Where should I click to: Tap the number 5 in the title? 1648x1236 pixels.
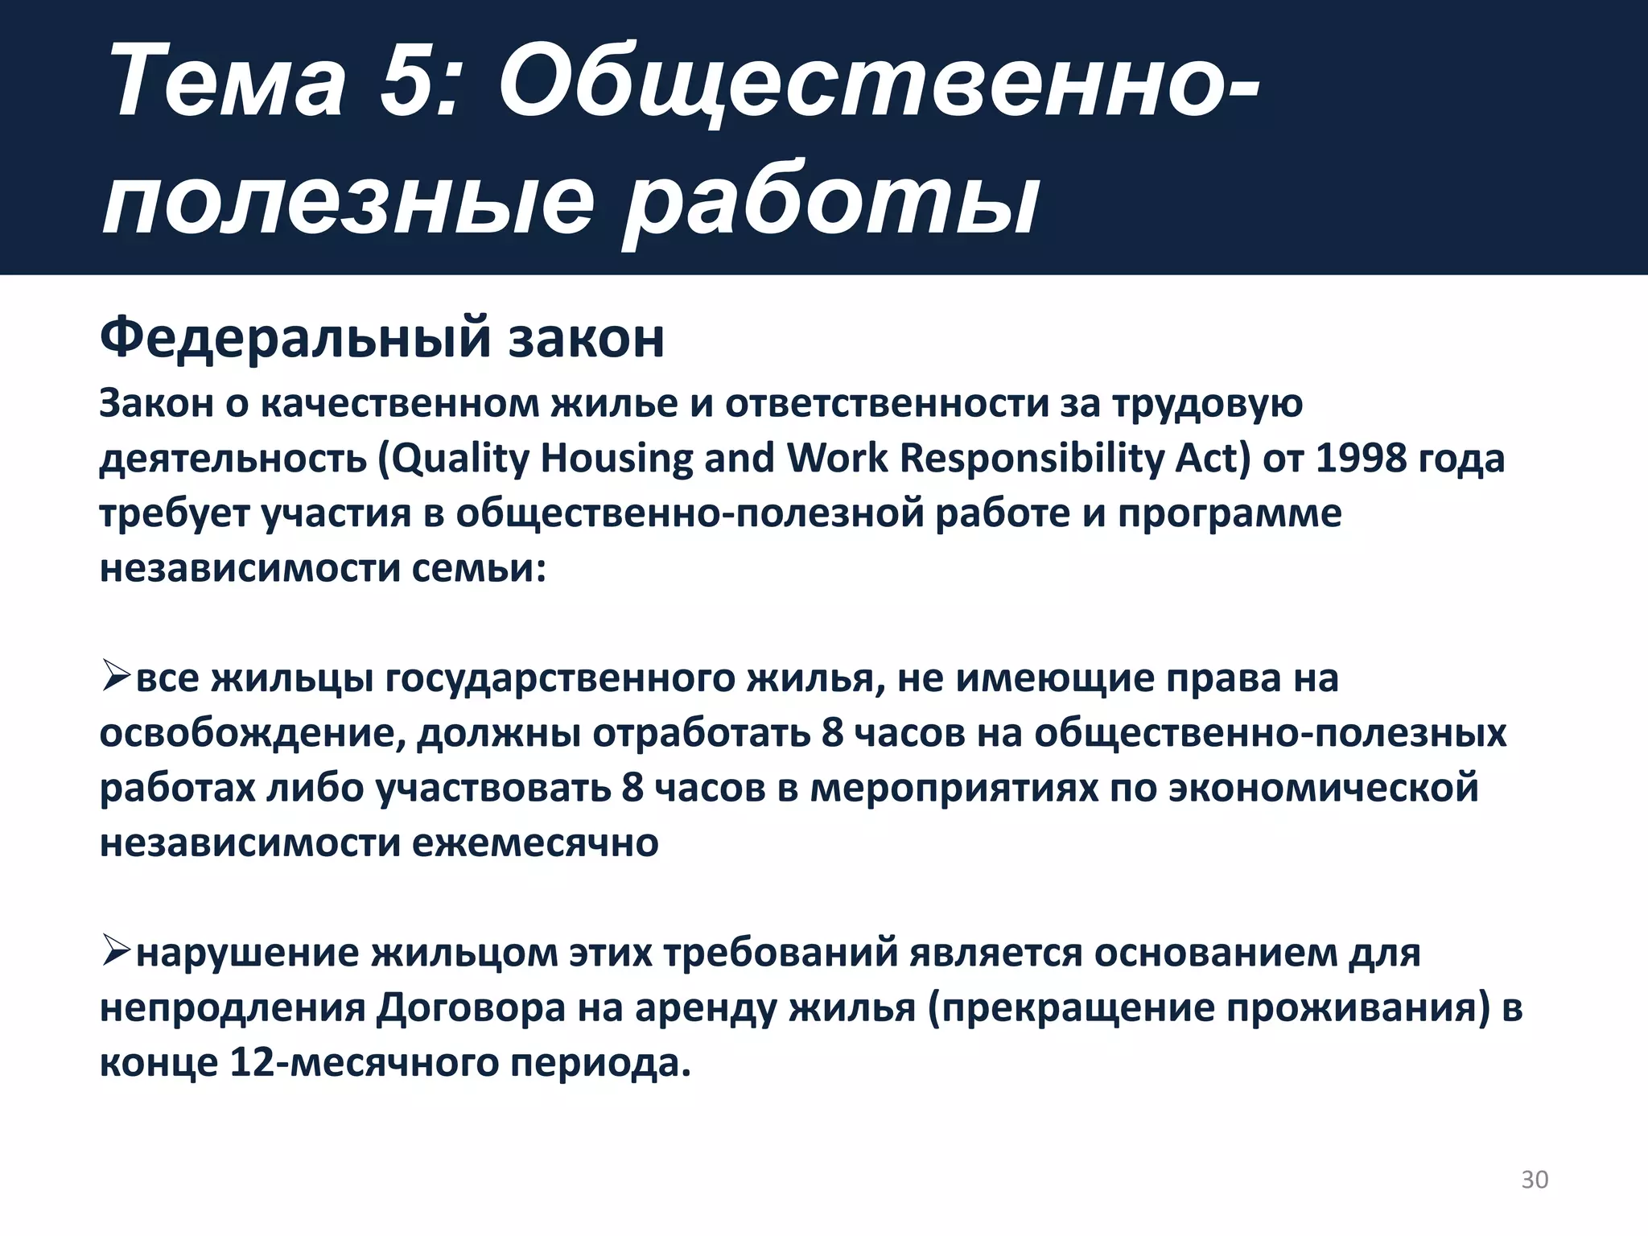(410, 84)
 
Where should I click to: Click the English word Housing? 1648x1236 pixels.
(616, 459)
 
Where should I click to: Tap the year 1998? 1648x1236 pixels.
(1361, 459)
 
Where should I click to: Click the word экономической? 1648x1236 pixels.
(1324, 788)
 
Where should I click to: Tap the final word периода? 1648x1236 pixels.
(600, 1063)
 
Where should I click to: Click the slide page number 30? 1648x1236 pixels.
(1534, 1180)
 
